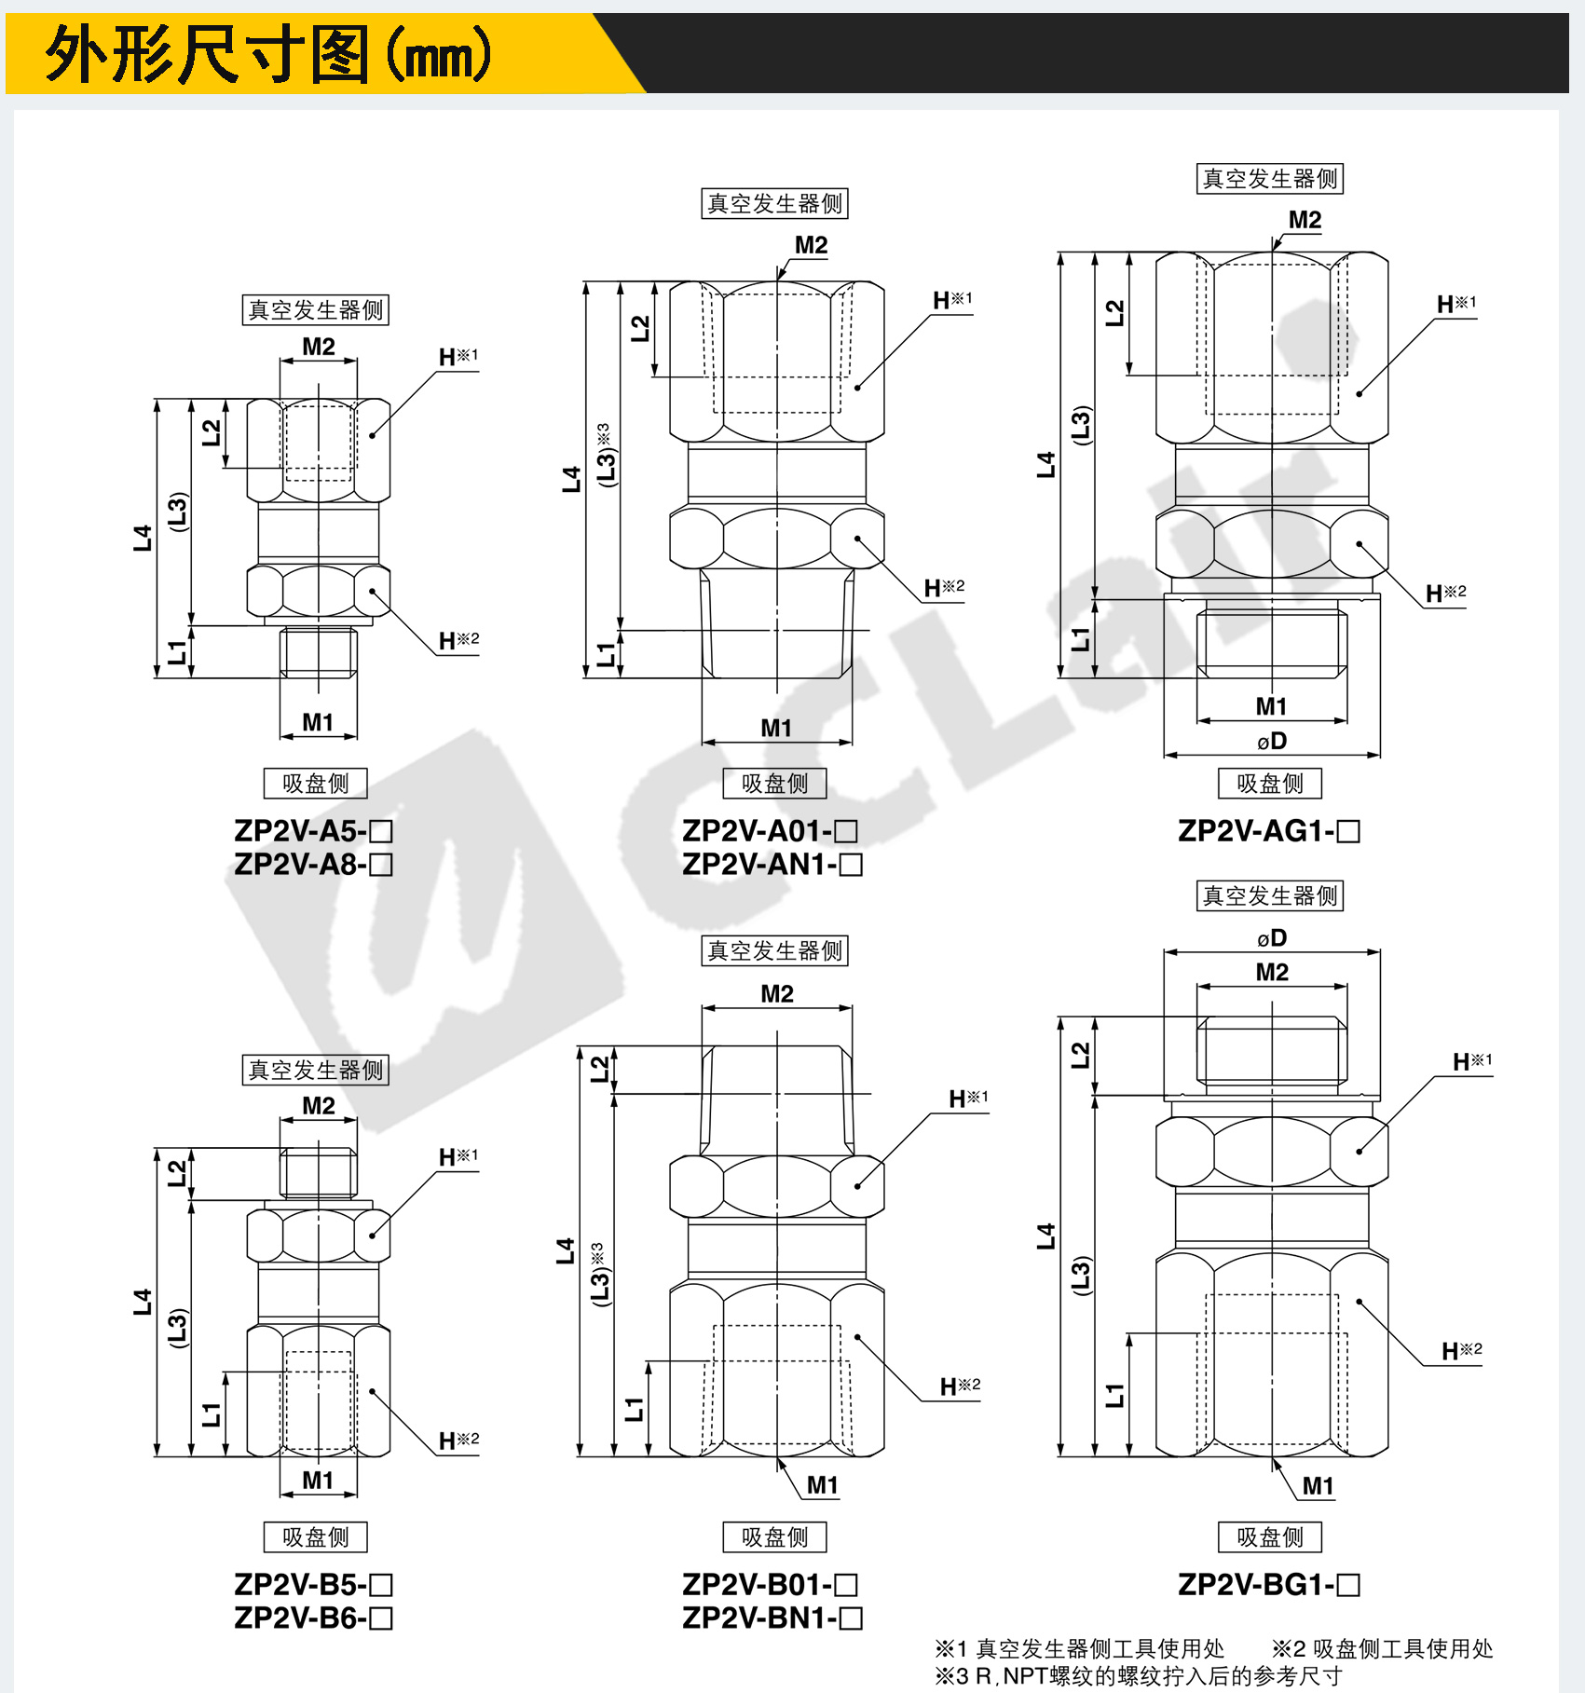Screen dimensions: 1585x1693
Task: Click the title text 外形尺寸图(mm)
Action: coord(268,54)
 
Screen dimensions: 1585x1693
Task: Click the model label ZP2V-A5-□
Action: coord(313,830)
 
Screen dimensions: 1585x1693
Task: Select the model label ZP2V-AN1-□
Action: coord(772,865)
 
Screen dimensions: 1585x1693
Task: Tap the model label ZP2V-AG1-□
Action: coord(1269,830)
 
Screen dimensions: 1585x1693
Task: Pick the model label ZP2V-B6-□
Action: coord(313,1618)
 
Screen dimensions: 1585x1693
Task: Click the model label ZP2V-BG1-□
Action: coord(1269,1584)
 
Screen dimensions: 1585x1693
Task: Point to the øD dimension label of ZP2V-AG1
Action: coord(1272,741)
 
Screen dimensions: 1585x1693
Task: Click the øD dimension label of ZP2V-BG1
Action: coord(1272,937)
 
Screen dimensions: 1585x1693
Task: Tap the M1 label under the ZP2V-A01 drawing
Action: coord(776,728)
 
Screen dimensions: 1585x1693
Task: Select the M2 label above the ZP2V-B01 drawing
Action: coord(777,993)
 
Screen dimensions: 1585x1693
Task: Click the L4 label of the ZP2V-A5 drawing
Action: coord(142,538)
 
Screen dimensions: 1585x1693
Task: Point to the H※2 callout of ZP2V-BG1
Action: coord(1461,1351)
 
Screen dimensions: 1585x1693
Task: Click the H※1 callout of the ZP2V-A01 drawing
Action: coord(952,300)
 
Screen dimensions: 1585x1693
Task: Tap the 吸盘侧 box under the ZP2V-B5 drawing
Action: coord(316,1536)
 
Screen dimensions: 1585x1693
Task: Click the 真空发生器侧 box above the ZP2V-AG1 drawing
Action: coord(1270,178)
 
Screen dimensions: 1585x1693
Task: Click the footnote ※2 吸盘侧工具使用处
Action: coord(1383,1648)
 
